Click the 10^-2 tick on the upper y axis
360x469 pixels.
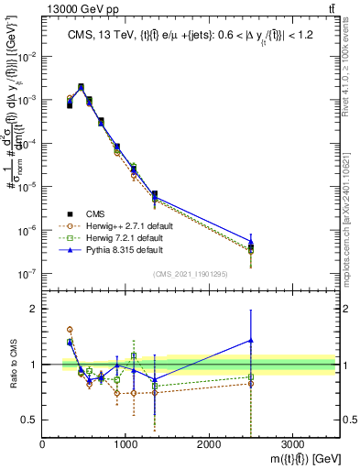(27, 57)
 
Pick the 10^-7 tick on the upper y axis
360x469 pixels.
(27, 273)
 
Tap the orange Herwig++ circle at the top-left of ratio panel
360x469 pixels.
(70, 329)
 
